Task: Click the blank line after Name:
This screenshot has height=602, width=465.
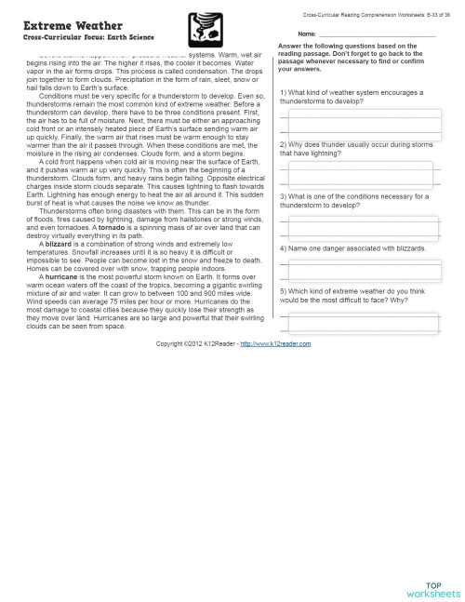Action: [377, 35]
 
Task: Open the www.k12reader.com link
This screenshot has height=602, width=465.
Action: [274, 343]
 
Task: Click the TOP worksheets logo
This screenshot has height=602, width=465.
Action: [432, 587]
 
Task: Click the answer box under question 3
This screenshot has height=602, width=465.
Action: [360, 227]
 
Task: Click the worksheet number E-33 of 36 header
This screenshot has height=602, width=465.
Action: [379, 16]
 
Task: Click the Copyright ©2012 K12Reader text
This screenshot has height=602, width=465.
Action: [196, 343]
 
